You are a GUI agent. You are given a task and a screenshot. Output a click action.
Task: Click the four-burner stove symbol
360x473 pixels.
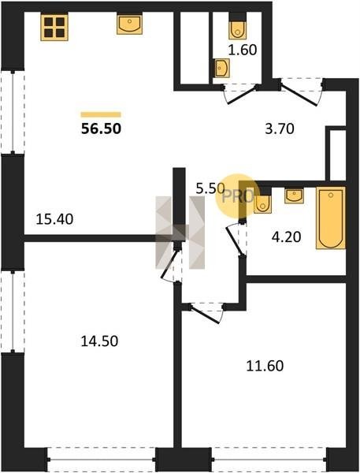(54, 27)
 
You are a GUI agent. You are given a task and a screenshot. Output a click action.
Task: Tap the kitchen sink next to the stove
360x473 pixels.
(129, 24)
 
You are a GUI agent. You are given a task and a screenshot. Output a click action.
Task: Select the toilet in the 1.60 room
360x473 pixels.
(238, 29)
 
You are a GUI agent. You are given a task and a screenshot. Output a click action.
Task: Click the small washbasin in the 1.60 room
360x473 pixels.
(221, 68)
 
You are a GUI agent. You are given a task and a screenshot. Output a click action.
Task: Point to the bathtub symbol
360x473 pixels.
(330, 218)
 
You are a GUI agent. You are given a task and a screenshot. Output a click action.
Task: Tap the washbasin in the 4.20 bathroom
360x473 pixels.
(294, 196)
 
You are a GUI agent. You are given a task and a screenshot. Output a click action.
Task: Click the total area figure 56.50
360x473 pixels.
(102, 128)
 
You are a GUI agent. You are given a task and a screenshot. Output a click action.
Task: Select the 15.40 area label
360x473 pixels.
(54, 219)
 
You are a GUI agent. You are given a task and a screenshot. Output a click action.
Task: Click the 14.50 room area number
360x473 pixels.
(99, 341)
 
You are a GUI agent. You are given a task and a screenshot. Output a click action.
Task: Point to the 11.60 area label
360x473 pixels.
(265, 366)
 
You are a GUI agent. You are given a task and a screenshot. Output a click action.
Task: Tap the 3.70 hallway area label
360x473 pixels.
(280, 128)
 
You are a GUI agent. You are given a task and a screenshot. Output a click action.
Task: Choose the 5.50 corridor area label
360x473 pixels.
(210, 189)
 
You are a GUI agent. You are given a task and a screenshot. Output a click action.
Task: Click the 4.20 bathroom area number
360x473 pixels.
(286, 237)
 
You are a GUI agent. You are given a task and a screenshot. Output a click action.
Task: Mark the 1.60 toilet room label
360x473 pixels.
(243, 50)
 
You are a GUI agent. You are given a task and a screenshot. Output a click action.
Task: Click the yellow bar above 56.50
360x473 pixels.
(101, 114)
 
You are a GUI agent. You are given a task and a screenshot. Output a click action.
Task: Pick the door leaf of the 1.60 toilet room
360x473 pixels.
(242, 95)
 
